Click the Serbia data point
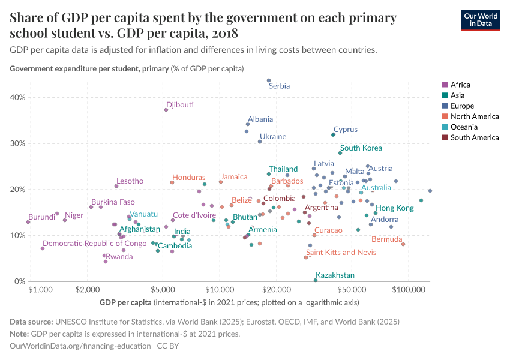point(269,80)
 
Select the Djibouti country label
point(180,105)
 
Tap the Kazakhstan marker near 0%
point(316,280)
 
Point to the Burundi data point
point(28,222)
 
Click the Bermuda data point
point(403,244)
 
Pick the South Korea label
point(361,148)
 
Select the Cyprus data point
point(333,135)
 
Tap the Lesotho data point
point(116,186)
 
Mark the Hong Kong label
point(394,208)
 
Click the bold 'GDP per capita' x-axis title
point(125,301)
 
